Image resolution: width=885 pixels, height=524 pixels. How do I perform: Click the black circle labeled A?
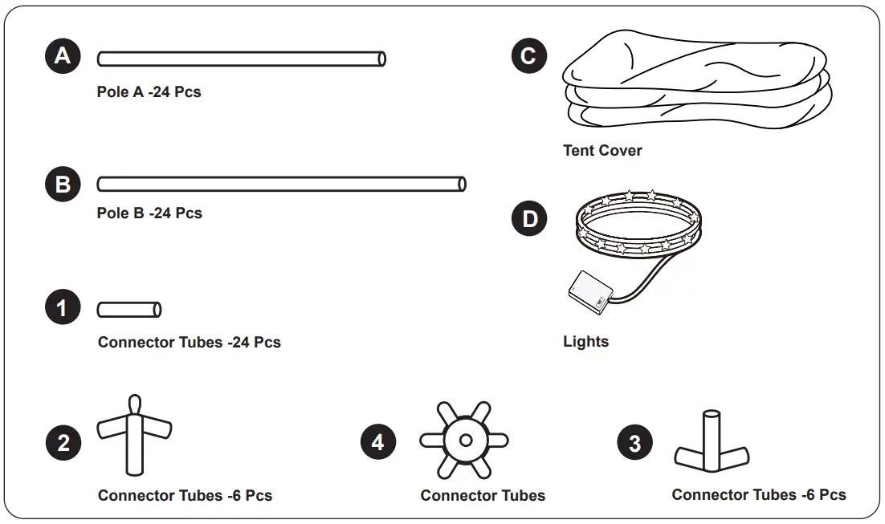pyautogui.click(x=63, y=56)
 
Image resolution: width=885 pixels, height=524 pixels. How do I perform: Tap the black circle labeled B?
pyautogui.click(x=63, y=185)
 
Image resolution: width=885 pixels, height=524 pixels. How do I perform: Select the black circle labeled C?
pyautogui.click(x=529, y=56)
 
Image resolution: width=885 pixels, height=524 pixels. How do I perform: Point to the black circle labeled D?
pyautogui.click(x=529, y=219)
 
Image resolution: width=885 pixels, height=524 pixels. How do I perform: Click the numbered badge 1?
pyautogui.click(x=63, y=308)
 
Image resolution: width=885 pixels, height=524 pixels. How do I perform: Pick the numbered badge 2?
pyautogui.click(x=63, y=443)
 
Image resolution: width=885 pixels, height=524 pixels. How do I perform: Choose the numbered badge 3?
pyautogui.click(x=635, y=443)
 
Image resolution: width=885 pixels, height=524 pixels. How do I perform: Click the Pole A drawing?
pyautogui.click(x=241, y=59)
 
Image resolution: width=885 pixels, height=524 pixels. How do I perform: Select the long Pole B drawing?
pyautogui.click(x=281, y=185)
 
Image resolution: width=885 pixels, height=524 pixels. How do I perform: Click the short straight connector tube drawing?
pyautogui.click(x=129, y=309)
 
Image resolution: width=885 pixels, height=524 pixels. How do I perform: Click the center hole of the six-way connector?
pyautogui.click(x=464, y=440)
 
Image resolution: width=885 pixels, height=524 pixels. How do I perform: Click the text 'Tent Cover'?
pyautogui.click(x=602, y=150)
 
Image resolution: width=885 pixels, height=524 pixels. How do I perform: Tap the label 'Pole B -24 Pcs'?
pyautogui.click(x=149, y=213)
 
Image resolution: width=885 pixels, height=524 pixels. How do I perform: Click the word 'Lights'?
pyautogui.click(x=585, y=342)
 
